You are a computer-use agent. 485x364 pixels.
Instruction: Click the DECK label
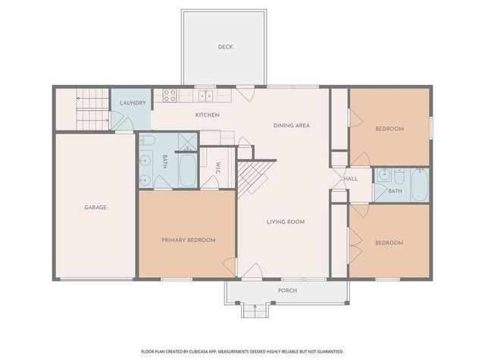pyautogui.click(x=225, y=47)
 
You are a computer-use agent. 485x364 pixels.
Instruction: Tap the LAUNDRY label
pyautogui.click(x=133, y=102)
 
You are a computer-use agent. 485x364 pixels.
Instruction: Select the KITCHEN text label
pyautogui.click(x=207, y=115)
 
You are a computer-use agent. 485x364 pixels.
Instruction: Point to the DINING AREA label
pyautogui.click(x=292, y=125)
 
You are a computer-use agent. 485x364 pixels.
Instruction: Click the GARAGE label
pyautogui.click(x=95, y=207)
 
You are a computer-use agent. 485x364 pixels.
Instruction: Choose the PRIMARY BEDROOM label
pyautogui.click(x=188, y=240)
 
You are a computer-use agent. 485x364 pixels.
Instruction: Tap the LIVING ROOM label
pyautogui.click(x=285, y=222)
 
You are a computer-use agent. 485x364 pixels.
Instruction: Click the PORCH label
pyautogui.click(x=287, y=290)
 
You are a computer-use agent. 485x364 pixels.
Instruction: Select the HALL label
pyautogui.click(x=351, y=179)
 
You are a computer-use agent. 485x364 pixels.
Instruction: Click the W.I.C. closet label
pyautogui.click(x=217, y=168)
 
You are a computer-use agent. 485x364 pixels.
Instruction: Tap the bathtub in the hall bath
pyautogui.click(x=419, y=185)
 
